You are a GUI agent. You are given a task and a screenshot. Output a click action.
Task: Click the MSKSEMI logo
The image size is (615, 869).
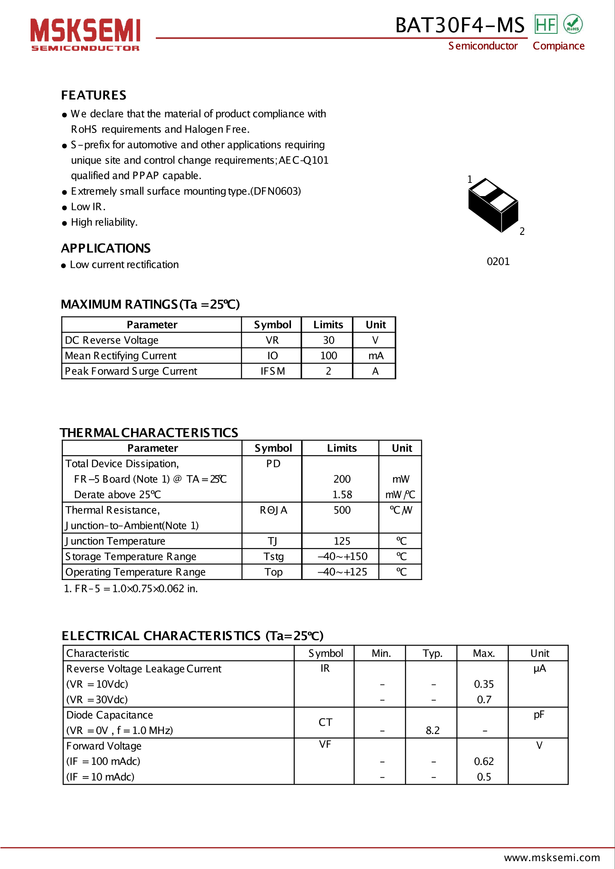click(85, 34)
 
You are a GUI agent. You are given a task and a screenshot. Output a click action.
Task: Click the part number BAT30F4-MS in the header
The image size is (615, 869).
click(460, 25)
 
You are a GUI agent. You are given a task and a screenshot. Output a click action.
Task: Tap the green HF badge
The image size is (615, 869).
click(546, 24)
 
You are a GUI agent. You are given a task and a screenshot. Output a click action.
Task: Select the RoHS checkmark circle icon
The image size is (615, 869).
click(573, 24)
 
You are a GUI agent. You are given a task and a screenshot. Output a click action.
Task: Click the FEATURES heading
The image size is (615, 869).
click(94, 95)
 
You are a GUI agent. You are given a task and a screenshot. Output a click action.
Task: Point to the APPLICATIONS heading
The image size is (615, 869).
click(106, 248)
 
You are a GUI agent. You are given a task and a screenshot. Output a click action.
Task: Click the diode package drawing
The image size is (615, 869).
click(493, 205)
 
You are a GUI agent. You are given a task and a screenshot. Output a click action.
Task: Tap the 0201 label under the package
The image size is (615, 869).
click(498, 261)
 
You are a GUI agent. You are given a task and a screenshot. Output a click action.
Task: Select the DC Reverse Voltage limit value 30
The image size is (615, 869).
click(329, 340)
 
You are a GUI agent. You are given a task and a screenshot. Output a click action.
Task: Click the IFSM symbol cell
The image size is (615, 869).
click(272, 371)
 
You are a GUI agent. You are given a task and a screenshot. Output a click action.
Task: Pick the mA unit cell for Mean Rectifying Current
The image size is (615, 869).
click(376, 356)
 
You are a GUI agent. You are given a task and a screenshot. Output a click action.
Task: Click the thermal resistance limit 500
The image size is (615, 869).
click(342, 510)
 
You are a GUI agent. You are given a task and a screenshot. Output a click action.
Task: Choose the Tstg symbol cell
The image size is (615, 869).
click(273, 556)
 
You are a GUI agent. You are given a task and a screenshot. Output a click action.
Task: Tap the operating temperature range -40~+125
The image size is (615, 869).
click(342, 572)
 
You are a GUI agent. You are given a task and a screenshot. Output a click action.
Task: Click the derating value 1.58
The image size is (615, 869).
click(342, 495)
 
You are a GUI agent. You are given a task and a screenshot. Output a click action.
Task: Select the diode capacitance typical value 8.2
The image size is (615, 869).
click(432, 730)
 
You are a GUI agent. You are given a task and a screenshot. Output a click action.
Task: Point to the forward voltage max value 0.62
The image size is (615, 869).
click(484, 761)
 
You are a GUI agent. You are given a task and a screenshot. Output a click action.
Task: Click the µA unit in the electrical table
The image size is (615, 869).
click(539, 668)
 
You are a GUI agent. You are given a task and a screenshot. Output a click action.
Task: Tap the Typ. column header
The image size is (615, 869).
click(432, 653)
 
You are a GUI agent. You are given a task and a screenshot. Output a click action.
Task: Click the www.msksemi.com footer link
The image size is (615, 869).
click(552, 857)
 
